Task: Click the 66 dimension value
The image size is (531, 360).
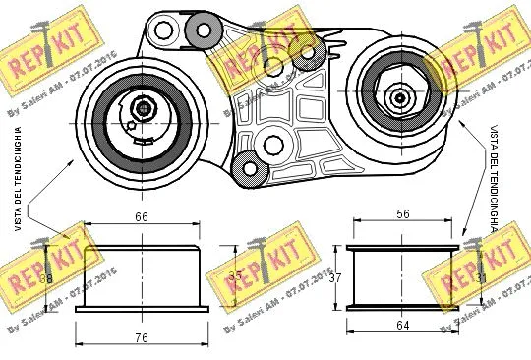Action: coord(141,216)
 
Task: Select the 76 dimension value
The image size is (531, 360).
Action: coord(141,338)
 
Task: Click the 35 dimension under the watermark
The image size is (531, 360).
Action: coord(234,276)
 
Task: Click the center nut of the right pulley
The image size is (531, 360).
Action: coord(400,96)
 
